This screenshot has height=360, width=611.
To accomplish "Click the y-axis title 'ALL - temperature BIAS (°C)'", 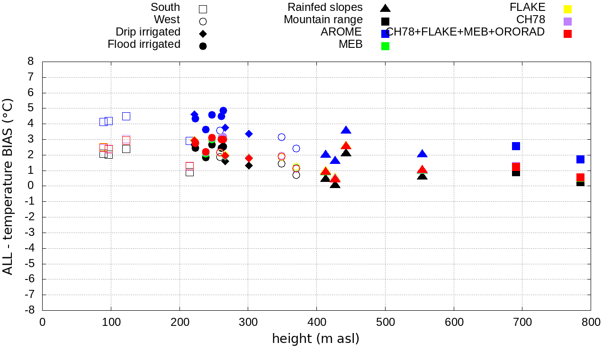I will (x=8, y=187).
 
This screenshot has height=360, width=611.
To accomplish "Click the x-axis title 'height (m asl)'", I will (x=315, y=339).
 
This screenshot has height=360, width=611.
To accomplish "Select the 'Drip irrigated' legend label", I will (x=148, y=32).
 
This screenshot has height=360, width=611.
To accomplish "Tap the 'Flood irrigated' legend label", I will (x=144, y=44).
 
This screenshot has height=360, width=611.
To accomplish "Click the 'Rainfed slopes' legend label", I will (x=325, y=7).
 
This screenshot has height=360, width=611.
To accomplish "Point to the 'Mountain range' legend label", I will (x=323, y=19).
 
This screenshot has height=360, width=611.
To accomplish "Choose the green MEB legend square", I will (x=386, y=46).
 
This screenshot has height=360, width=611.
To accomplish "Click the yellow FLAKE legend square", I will (x=567, y=9).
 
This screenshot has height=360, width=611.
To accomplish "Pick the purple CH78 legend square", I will (x=567, y=21).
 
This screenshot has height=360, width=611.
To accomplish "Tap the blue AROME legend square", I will (x=386, y=34).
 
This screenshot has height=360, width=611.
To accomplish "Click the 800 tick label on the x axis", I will (x=591, y=323).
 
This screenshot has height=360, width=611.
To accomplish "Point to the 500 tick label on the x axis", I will (x=385, y=323).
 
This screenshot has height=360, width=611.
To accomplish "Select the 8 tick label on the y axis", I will (x=31, y=62).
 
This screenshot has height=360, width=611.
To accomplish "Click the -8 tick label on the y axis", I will (x=29, y=310).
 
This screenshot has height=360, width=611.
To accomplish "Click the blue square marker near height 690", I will (x=516, y=146).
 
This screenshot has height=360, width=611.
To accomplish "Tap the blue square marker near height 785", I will (x=580, y=159).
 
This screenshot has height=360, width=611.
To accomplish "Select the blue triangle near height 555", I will (x=422, y=153).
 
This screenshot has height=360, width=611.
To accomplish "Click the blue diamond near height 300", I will (x=249, y=134).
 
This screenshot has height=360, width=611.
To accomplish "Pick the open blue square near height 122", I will (x=126, y=116).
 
